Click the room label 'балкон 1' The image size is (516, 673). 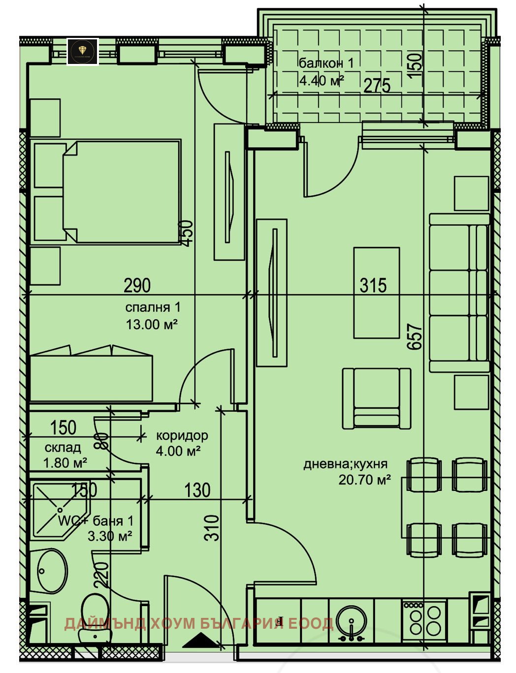click(x=326, y=63)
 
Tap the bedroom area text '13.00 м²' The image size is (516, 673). click(x=152, y=325)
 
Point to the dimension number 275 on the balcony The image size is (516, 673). click(x=377, y=86)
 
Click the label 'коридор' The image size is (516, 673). click(x=182, y=435)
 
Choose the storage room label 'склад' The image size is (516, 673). click(x=63, y=448)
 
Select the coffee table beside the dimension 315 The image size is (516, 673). click(x=376, y=293)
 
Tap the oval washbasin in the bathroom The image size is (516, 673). click(x=52, y=572)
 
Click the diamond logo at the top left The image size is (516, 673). click(x=82, y=51)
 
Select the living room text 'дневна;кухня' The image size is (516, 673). click(x=345, y=464)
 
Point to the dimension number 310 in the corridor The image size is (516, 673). click(x=211, y=527)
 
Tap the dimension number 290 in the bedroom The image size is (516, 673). click(x=137, y=285)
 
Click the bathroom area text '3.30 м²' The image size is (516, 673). click(x=110, y=536)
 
